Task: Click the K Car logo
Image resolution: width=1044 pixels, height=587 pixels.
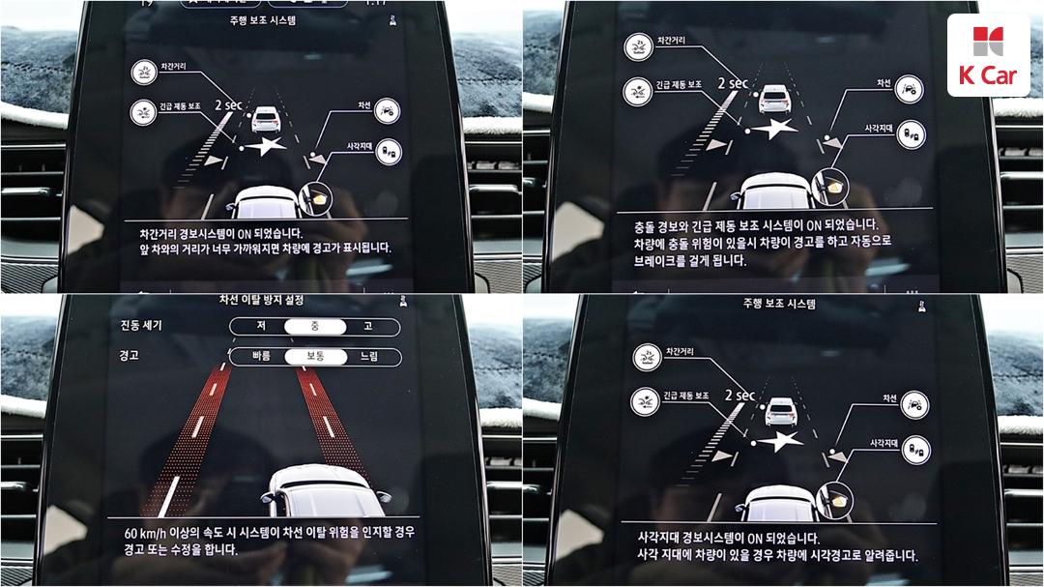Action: tap(988, 55)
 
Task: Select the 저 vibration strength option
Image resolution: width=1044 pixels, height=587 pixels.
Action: tap(261, 326)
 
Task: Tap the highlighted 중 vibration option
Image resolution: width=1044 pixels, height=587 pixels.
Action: tap(315, 327)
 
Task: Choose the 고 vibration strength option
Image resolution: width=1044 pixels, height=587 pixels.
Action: tap(368, 327)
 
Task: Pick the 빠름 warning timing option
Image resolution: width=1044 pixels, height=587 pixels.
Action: tap(262, 356)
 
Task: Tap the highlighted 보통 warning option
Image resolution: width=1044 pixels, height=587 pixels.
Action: tap(315, 357)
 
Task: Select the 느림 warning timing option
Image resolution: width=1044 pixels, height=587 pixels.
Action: tap(369, 357)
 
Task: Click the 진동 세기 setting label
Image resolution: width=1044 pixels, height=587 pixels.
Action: tap(141, 325)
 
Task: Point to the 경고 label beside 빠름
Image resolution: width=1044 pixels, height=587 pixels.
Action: tap(130, 355)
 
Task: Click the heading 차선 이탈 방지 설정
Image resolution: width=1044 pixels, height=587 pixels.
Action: tap(261, 300)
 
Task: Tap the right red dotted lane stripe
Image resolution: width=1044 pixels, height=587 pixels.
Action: tap(331, 421)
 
